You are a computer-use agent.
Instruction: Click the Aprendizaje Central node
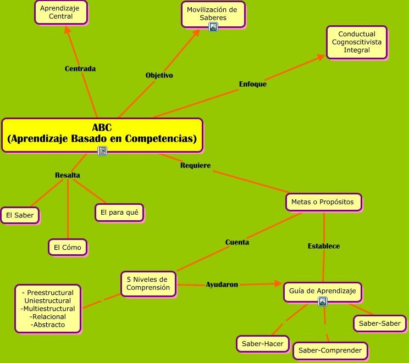coord(60,12)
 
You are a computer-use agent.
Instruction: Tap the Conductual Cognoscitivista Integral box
coord(356,42)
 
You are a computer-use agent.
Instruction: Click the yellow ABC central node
coord(102,133)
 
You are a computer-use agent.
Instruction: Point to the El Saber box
coord(20,215)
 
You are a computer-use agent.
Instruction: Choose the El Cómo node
coord(67,247)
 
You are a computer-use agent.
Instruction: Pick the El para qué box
coord(119,212)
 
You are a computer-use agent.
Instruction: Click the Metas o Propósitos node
coord(323,202)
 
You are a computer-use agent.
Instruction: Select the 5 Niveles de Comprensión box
coord(148,283)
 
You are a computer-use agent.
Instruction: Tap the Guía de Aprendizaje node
coord(323,291)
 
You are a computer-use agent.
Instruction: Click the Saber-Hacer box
coord(263,344)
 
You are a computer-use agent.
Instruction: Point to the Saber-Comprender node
coord(330,350)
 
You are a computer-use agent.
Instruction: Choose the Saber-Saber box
coord(380,323)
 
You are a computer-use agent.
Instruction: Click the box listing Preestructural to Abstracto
coord(48,308)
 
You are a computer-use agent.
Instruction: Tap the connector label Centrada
coord(80,69)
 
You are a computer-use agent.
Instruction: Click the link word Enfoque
coord(253,84)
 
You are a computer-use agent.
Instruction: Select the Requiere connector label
coord(195,165)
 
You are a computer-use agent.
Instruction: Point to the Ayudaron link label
coord(222,284)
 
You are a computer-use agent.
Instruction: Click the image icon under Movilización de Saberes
coord(213,26)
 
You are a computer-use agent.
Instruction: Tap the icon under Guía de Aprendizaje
coord(323,301)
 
